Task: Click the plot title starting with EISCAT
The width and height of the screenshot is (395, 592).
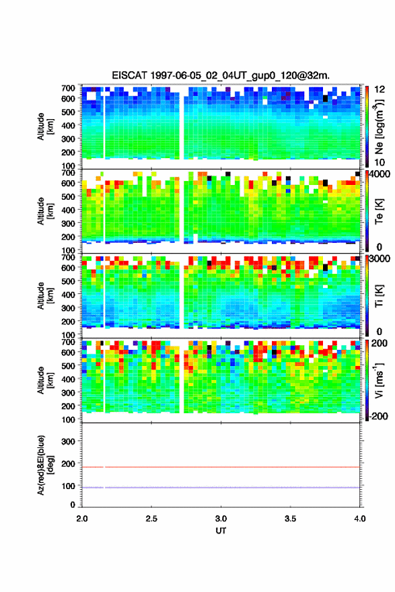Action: click(221, 75)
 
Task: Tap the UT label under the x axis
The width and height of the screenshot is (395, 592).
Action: click(221, 531)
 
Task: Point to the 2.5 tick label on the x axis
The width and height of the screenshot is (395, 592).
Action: click(151, 519)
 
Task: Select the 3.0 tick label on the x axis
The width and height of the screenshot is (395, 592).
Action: click(221, 519)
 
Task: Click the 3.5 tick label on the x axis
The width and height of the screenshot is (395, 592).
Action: click(291, 519)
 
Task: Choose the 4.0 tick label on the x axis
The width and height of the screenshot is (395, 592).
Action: click(359, 519)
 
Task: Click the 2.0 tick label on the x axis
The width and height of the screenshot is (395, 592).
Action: click(82, 519)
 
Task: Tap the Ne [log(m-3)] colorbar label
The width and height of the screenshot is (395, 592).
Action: click(379, 127)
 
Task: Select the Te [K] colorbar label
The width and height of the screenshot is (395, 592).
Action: click(379, 211)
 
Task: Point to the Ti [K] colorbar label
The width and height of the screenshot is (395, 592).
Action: click(379, 296)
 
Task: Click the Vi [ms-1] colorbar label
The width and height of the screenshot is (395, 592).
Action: click(379, 381)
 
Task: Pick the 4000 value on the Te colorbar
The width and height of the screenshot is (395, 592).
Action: click(380, 174)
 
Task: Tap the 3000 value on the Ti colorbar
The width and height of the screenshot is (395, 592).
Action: click(380, 259)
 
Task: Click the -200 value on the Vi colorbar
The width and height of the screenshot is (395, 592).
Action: click(378, 416)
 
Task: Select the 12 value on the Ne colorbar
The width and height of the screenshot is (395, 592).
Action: click(380, 89)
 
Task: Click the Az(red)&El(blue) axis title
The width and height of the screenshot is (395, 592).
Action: click(46, 465)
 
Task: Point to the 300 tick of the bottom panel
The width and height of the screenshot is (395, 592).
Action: click(69, 441)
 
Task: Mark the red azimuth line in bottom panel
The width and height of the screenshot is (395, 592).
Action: click(221, 467)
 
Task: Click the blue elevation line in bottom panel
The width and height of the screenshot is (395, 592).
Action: click(221, 488)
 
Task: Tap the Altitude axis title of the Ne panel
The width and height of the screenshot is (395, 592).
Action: click(45, 127)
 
